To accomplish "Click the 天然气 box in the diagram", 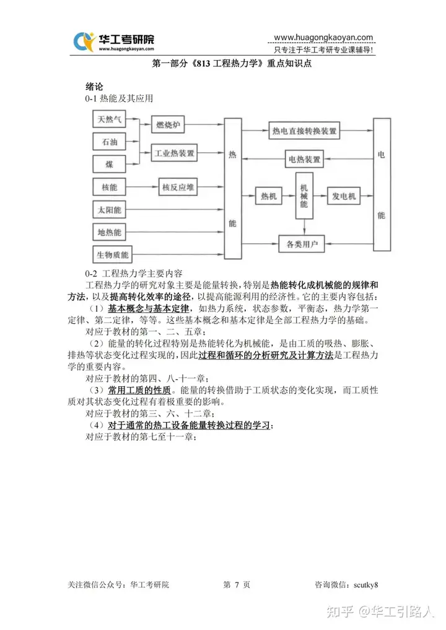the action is coord(110,119).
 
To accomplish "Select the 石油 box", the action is coord(110,142).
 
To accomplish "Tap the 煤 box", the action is coord(110,165).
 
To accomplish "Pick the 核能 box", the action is coord(110,188).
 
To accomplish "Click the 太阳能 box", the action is coord(110,210).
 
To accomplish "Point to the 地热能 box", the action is coord(110,232).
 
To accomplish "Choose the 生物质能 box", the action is coord(113,255).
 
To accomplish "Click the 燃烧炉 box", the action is coord(168,124).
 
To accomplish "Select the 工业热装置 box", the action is coord(174,153).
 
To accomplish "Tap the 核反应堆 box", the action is coord(178,188).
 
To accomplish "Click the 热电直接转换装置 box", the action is coord(304,131).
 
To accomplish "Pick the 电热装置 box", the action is coord(304,159).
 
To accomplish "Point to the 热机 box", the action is coord(269,196).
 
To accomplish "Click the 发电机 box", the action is coord(344,196).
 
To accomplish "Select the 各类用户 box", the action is coord(302,244).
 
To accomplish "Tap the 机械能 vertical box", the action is coord(304,196).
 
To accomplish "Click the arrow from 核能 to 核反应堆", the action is coord(142,188).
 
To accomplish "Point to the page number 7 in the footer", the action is coord(237,585).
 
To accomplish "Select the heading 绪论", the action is coord(94,87).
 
